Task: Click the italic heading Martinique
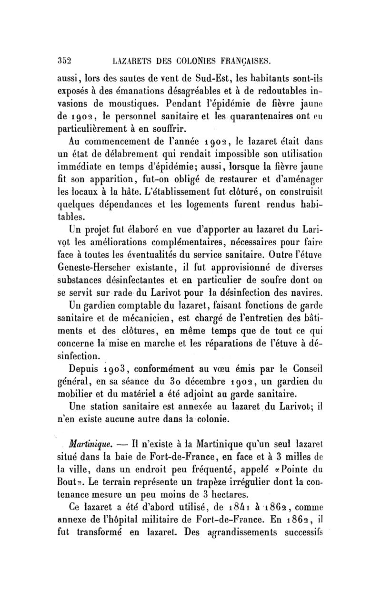pyautogui.click(x=91, y=444)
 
